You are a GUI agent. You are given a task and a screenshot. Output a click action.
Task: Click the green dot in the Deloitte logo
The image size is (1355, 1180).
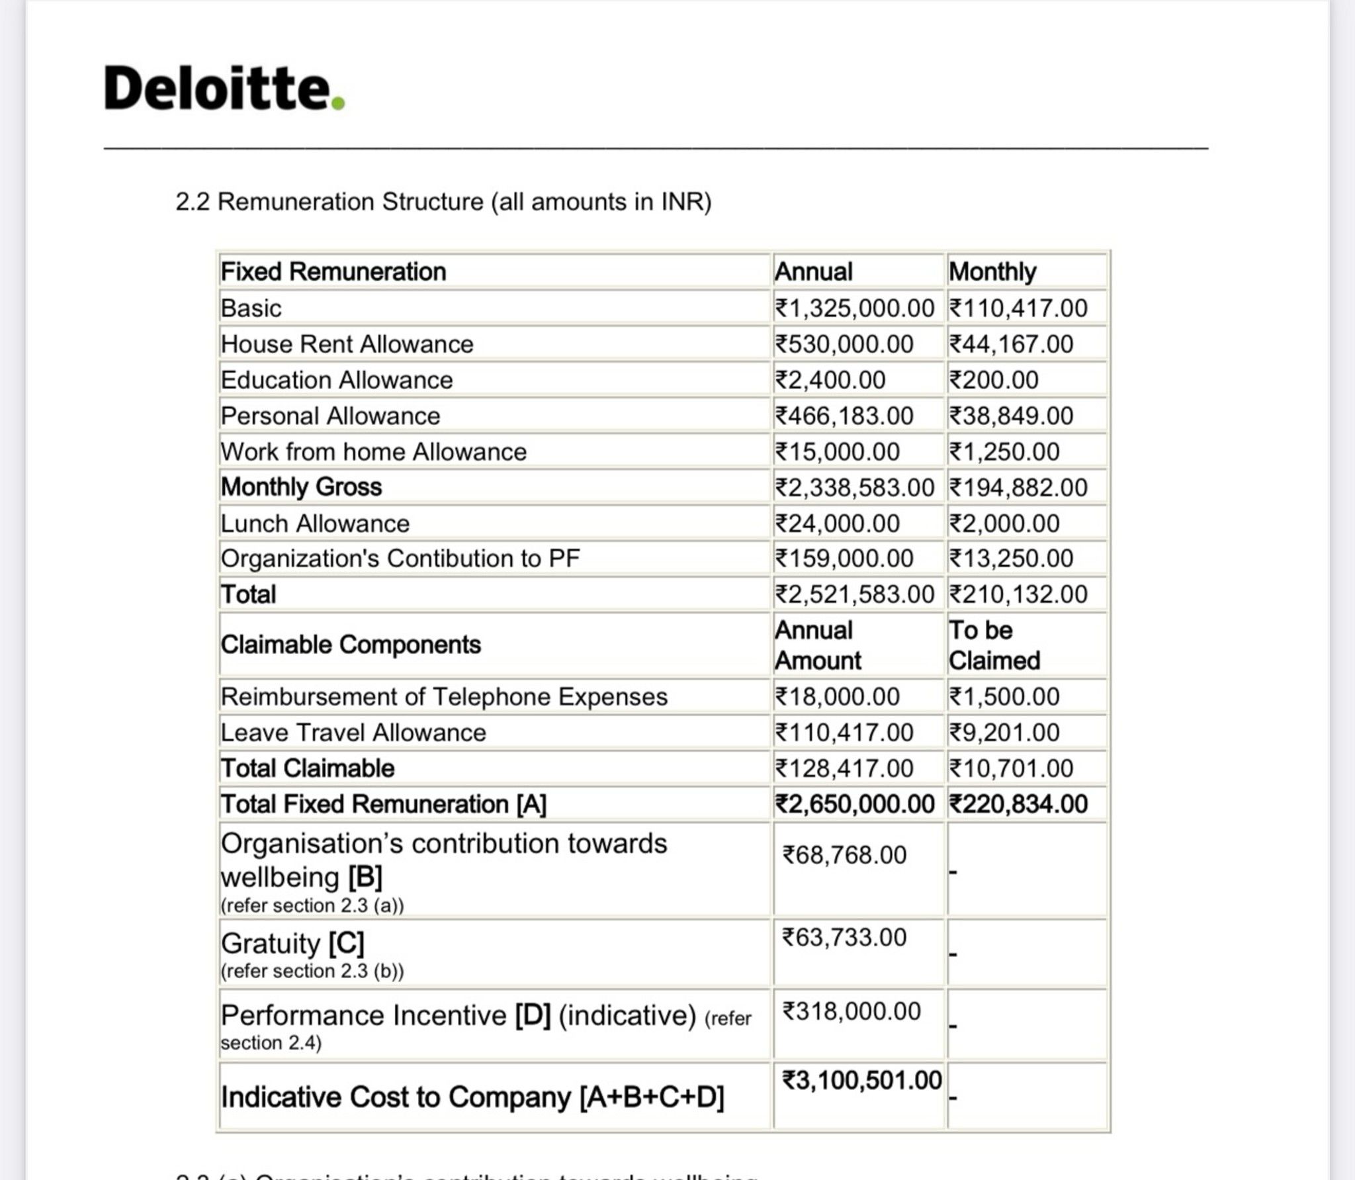pyautogui.click(x=338, y=103)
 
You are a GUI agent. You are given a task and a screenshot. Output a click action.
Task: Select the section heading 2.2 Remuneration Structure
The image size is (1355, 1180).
pyautogui.click(x=443, y=202)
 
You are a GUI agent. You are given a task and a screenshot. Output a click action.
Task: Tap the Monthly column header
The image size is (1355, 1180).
pyautogui.click(x=992, y=272)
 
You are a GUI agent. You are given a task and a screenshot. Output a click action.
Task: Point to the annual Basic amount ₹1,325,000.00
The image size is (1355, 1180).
pyautogui.click(x=853, y=308)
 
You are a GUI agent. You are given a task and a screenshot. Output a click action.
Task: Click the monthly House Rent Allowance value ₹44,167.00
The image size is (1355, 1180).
pyautogui.click(x=1010, y=344)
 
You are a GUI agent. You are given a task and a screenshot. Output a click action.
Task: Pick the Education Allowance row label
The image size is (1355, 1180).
pyautogui.click(x=337, y=380)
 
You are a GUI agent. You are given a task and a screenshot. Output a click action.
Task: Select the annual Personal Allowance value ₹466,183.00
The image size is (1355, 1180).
pyautogui.click(x=844, y=416)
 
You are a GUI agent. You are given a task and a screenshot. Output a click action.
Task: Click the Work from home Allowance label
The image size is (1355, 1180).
pyautogui.click(x=373, y=451)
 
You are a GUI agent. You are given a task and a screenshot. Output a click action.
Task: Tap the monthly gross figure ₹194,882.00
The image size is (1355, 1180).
pyautogui.click(x=1018, y=488)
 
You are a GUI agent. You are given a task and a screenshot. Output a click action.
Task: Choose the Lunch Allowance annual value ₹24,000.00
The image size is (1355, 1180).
pyautogui.click(x=837, y=523)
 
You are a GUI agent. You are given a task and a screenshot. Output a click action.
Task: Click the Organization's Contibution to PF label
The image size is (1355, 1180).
pyautogui.click(x=400, y=559)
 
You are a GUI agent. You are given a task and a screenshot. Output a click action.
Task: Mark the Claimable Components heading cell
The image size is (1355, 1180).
pyautogui.click(x=351, y=645)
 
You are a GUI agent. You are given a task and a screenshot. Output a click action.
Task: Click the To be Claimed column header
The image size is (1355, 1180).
pyautogui.click(x=994, y=645)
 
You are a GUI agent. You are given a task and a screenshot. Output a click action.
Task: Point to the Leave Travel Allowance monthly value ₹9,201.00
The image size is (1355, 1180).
pyautogui.click(x=1004, y=733)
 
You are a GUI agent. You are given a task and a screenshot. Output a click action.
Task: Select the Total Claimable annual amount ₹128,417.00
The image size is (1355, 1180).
pyautogui.click(x=844, y=768)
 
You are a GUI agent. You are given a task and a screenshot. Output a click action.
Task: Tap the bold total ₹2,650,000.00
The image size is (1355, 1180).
pyautogui.click(x=854, y=804)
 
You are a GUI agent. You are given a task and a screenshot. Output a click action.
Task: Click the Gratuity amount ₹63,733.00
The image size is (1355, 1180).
pyautogui.click(x=844, y=937)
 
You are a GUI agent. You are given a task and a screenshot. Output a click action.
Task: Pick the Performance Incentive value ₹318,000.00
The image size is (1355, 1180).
pyautogui.click(x=851, y=1011)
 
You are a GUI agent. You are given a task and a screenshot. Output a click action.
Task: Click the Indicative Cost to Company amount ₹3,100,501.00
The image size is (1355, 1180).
pyautogui.click(x=861, y=1080)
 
